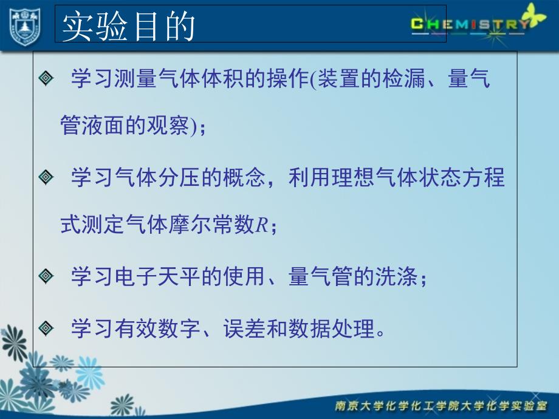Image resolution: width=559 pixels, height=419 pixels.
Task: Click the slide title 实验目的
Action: point(128,26)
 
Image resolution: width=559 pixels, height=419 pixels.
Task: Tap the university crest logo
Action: point(25,27)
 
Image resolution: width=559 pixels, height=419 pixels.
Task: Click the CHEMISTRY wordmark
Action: point(470,24)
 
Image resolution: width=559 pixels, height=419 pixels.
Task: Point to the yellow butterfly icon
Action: point(534,15)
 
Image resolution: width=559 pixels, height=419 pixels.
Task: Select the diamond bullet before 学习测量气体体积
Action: point(46,78)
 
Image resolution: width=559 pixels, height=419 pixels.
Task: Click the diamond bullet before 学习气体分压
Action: point(46,177)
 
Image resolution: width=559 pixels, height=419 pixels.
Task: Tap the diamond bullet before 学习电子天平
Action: point(46,276)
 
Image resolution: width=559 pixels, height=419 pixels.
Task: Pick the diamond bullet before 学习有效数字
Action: point(46,328)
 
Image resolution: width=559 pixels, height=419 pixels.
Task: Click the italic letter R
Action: point(262,225)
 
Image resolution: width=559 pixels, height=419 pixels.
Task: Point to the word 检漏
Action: point(404,78)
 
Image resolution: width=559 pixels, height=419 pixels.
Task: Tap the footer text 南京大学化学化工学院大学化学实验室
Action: point(441,406)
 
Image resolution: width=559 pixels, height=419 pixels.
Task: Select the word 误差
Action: point(245,329)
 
